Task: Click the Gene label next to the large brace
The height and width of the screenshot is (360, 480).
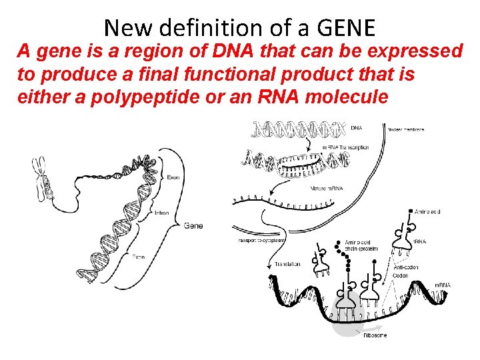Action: (x=193, y=225)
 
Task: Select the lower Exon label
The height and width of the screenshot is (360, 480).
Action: (x=138, y=256)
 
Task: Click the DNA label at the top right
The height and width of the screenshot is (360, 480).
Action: (x=357, y=127)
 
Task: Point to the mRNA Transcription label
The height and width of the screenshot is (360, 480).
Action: (x=345, y=147)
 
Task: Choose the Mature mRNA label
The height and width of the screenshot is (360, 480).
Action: (x=327, y=189)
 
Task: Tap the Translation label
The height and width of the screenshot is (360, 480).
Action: (x=287, y=264)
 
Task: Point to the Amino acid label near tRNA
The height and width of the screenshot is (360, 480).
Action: (x=427, y=212)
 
